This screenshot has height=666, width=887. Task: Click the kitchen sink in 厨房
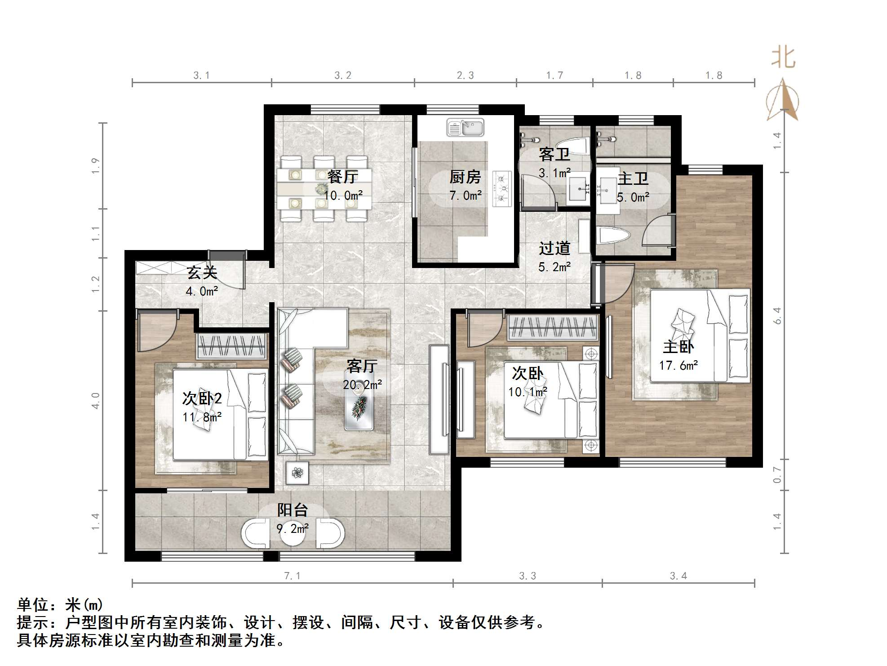[466, 128]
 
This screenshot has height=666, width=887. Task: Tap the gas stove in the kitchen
[502, 189]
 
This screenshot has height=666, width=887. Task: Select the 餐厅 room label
[343, 177]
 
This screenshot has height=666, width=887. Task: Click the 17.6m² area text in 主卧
[679, 366]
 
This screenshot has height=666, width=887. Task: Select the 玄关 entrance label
[202, 273]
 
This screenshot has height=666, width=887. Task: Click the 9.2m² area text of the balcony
[293, 529]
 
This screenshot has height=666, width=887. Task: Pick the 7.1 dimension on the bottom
[292, 576]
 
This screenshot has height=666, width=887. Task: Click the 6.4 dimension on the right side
[777, 316]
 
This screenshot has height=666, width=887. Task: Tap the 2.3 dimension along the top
[466, 76]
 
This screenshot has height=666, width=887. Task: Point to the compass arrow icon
[783, 101]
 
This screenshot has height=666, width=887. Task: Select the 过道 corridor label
[554, 248]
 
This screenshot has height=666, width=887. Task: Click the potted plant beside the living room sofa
[297, 473]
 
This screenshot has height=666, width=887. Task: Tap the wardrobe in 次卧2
[231, 346]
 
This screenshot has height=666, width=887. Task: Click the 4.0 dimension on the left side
[95, 400]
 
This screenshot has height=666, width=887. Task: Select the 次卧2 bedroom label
[202, 398]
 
